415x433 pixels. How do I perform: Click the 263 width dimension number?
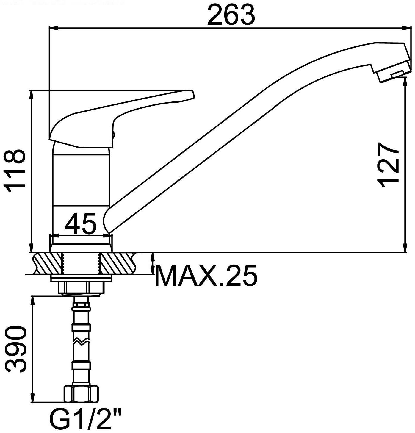pyautogui.click(x=231, y=15)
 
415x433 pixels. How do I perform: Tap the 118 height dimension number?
pyautogui.click(x=15, y=169)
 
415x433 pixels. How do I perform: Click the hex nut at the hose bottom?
pyautogui.click(x=81, y=394)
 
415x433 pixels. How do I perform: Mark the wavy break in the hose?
pyautogui.click(x=81, y=342)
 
